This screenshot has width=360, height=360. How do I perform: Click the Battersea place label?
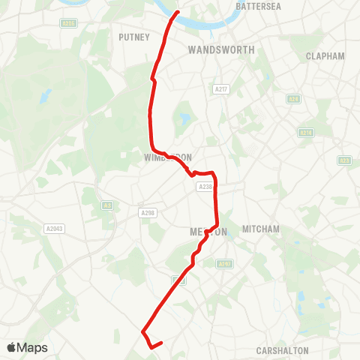(258, 5)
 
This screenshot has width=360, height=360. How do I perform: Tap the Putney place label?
(136, 36)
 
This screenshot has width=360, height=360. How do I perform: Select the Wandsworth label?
(221, 49)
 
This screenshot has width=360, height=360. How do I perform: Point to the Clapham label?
(325, 56)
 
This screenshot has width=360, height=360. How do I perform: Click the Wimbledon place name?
(168, 157)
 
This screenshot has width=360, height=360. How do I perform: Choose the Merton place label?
(205, 232)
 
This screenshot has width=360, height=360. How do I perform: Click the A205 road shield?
(69, 23)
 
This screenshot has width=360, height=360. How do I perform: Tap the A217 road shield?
(220, 89)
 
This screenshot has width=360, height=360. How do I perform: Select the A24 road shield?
(293, 99)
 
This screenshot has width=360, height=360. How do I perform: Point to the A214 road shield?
(305, 133)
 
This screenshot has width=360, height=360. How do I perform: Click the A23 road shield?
(344, 160)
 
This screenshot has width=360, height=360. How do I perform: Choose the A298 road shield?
(146, 213)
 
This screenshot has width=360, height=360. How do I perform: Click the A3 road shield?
(106, 204)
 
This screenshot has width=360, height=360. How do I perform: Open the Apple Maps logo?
(27, 347)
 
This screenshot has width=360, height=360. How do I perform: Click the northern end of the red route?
(177, 12)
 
